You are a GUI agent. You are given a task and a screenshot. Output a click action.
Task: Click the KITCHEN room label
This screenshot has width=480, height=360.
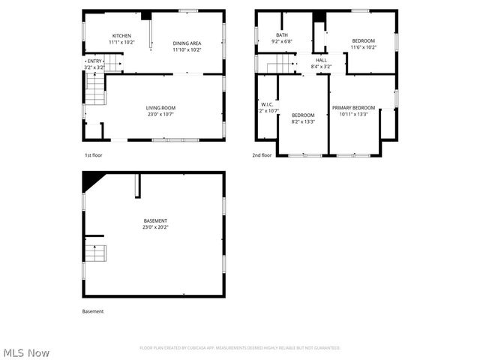point(121,36)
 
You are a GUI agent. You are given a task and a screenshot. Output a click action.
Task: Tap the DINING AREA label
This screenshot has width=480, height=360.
point(187,43)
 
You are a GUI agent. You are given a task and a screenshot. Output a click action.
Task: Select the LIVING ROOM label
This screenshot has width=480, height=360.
point(160,108)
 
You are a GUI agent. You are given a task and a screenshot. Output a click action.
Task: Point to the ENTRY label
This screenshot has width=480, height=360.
point(94,61)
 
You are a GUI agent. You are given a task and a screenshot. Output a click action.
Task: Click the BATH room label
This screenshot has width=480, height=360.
point(282,34)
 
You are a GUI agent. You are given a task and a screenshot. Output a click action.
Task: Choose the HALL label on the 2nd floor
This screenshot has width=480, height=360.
point(321,60)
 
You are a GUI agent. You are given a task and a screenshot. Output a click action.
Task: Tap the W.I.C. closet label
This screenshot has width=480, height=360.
point(267,105)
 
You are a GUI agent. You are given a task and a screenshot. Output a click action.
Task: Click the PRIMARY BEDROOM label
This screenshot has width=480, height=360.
point(353,108)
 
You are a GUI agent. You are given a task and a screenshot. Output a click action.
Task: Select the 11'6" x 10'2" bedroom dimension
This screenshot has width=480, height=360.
point(363,47)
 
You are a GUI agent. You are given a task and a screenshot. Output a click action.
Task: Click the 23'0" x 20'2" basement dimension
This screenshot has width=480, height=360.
point(156,226)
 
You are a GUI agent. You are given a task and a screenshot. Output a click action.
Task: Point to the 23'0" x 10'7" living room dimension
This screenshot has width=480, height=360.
point(160,115)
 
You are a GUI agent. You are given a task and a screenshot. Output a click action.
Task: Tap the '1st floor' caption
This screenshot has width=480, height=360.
point(93,155)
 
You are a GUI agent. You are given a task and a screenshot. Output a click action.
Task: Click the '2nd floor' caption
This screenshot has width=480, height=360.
point(262,155)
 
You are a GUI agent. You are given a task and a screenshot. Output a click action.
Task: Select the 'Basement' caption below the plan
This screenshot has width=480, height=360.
point(93,311)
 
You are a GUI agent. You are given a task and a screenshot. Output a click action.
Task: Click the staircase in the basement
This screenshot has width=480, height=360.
point(94,253)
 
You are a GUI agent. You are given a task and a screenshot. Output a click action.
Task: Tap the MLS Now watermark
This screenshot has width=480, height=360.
point(26,352)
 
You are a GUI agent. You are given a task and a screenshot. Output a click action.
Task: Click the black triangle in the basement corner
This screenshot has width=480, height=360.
point(91,179)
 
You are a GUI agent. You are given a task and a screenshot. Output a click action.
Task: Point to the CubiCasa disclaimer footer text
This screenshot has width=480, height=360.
point(240,348)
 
